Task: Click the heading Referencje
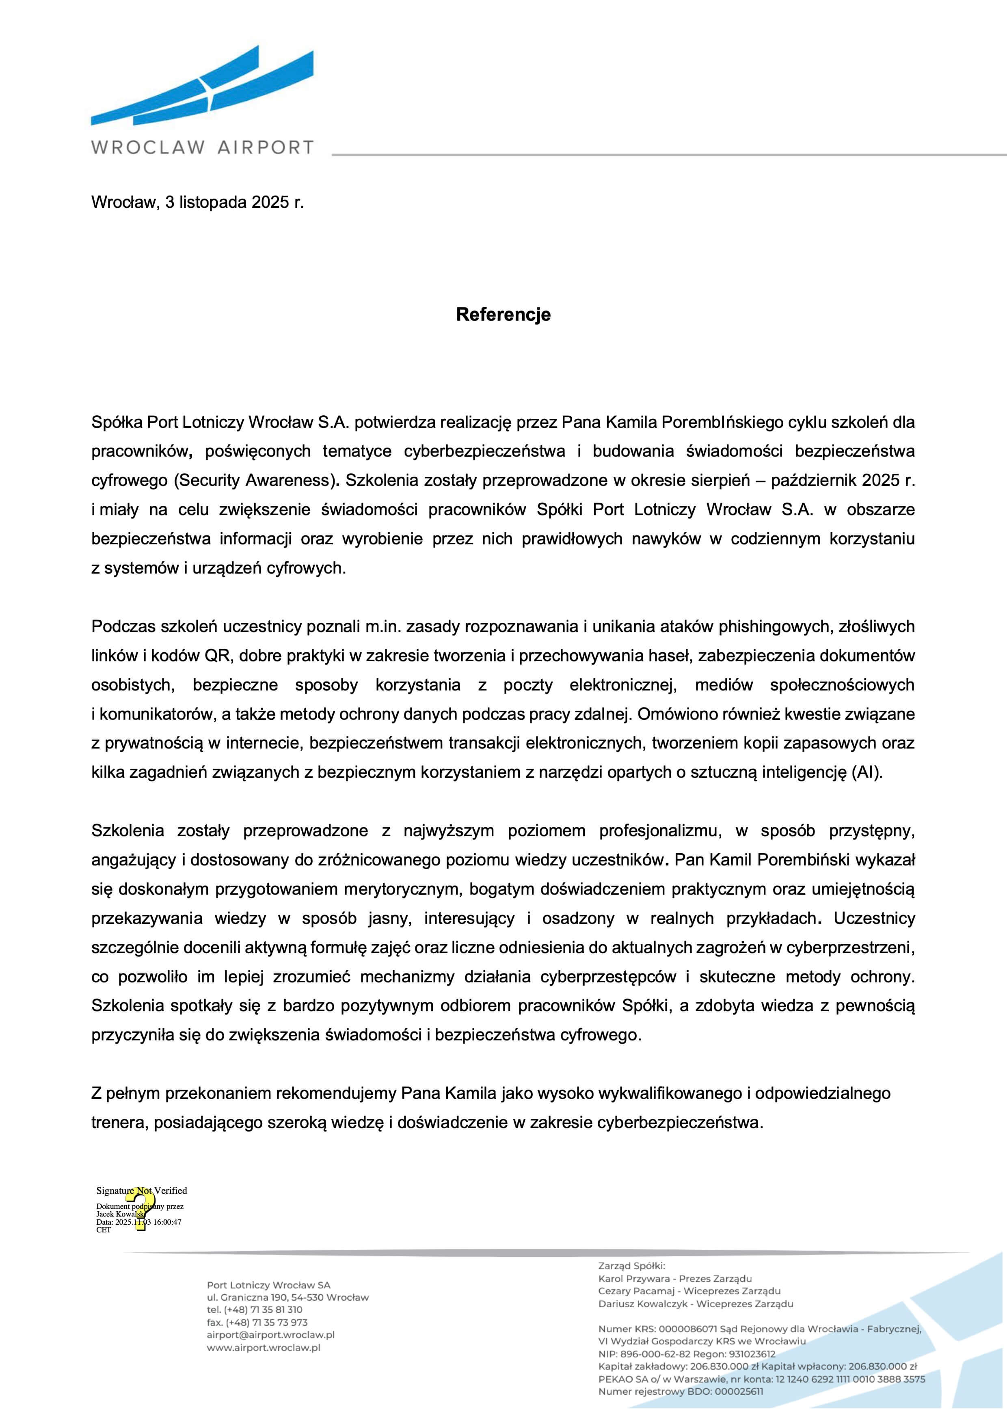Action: click(503, 315)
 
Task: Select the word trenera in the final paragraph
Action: click(118, 1122)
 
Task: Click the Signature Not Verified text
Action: click(141, 1190)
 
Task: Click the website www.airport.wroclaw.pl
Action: click(263, 1347)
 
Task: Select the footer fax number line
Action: click(257, 1322)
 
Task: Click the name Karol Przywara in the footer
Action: click(633, 1279)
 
